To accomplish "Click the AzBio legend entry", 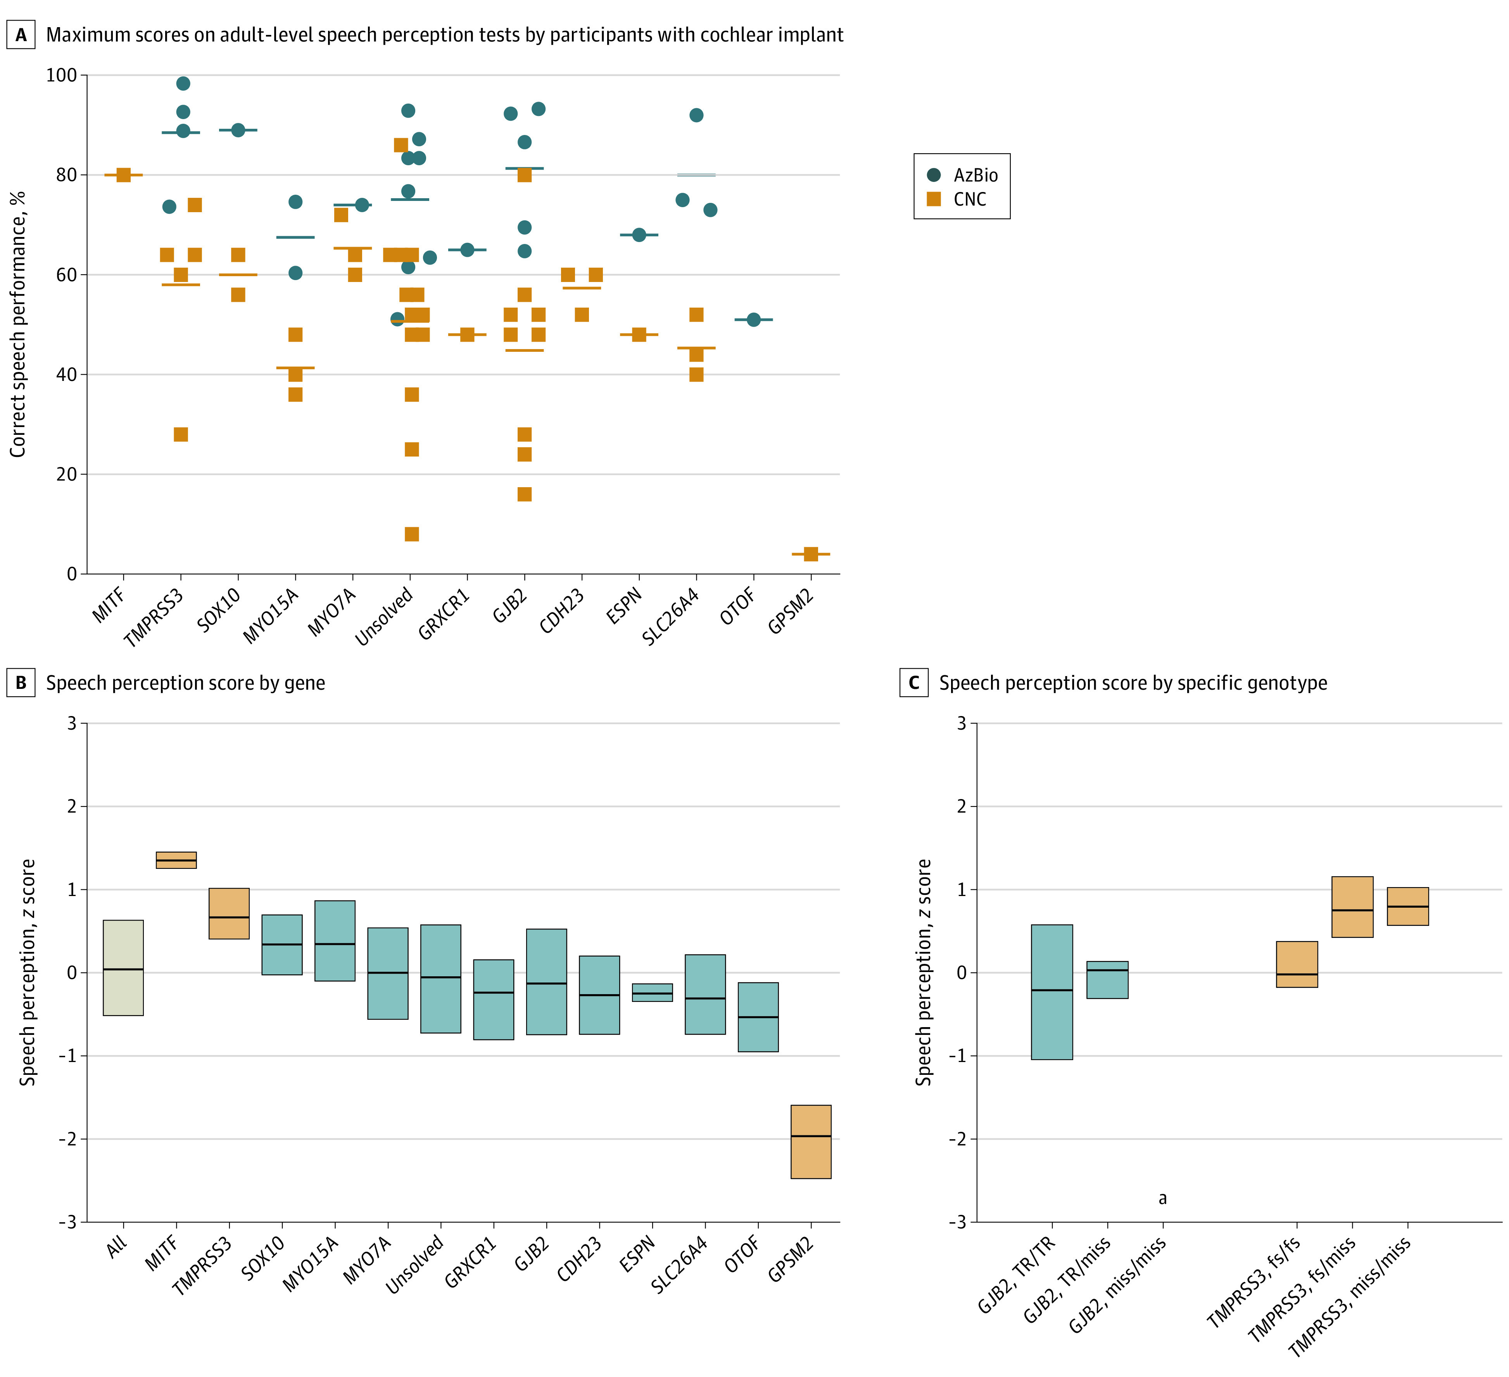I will [x=962, y=175].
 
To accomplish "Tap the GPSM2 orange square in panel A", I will [x=811, y=554].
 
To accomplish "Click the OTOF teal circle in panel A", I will [x=754, y=320].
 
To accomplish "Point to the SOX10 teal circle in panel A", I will [x=238, y=130].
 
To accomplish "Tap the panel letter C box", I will [x=914, y=683].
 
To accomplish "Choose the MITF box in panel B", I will [x=176, y=860].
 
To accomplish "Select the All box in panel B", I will [x=124, y=967].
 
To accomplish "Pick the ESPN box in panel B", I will [x=653, y=992].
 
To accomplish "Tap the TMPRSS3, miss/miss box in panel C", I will [x=1408, y=906].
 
